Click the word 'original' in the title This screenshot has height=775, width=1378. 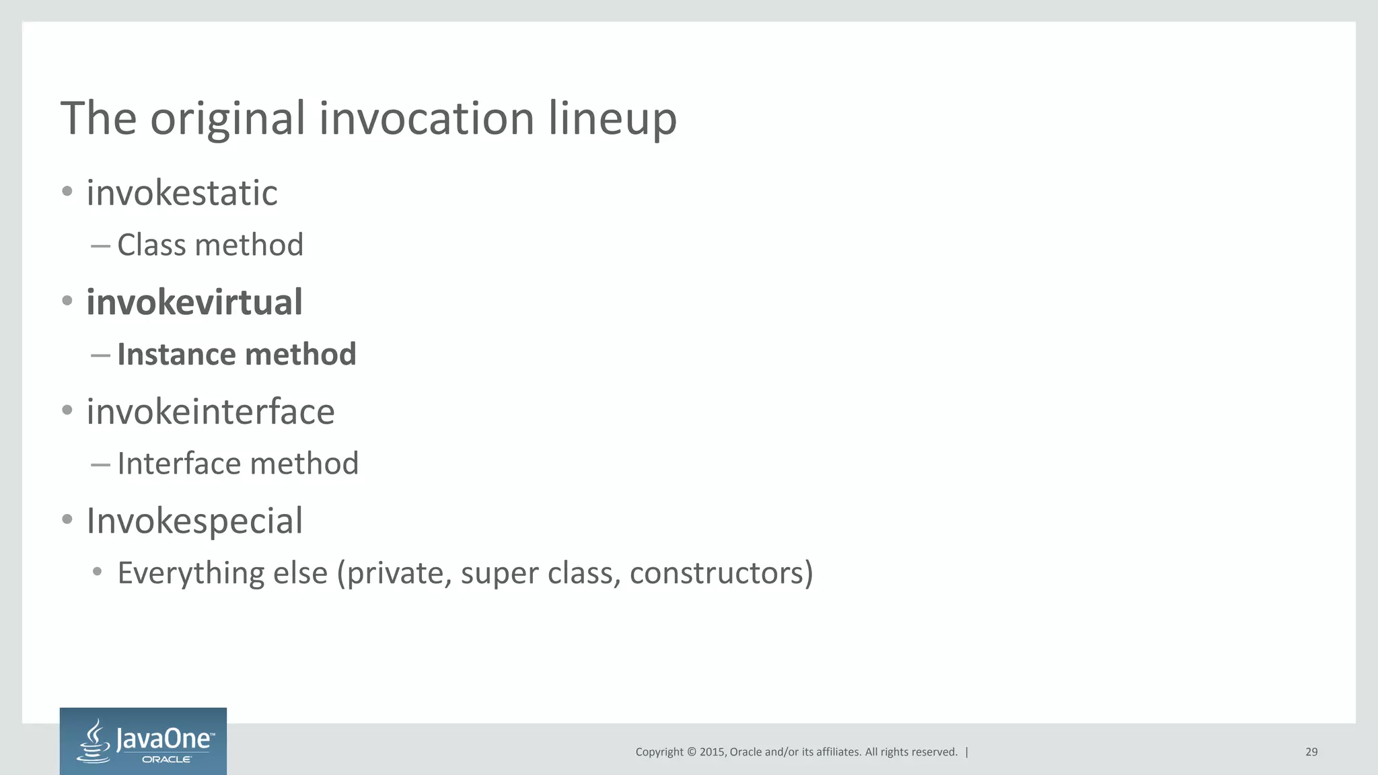(x=227, y=119)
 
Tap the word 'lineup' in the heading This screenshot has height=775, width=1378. (x=612, y=119)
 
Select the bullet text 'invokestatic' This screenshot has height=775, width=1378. (x=182, y=193)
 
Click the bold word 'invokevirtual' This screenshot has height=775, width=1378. (x=194, y=302)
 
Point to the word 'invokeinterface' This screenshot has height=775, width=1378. (x=210, y=412)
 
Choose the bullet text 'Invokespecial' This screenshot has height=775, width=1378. (x=194, y=521)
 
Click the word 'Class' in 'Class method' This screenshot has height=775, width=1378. (x=151, y=245)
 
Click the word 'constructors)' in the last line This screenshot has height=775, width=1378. (x=721, y=573)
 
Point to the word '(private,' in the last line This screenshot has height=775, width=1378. (x=394, y=573)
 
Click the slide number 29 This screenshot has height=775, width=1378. (x=1311, y=752)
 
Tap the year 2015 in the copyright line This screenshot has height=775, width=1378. (x=712, y=752)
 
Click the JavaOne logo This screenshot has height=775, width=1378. (x=143, y=741)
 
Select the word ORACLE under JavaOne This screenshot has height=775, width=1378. (x=166, y=760)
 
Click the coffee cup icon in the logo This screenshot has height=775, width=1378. (x=95, y=741)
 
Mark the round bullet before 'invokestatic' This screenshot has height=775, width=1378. (x=67, y=192)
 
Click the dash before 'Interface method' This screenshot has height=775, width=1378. (x=100, y=464)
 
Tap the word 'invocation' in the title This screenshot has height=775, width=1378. (x=427, y=119)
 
